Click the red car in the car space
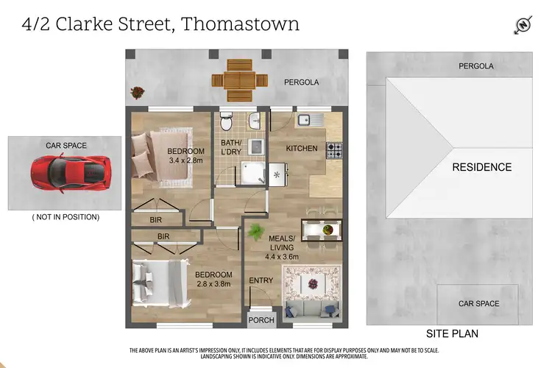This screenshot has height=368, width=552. click(66, 174)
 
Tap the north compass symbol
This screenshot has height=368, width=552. click(522, 25)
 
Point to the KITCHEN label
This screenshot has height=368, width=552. click(302, 149)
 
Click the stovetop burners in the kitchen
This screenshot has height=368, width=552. click(334, 150)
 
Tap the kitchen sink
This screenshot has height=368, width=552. click(308, 119)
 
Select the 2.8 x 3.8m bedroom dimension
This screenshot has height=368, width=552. click(214, 283)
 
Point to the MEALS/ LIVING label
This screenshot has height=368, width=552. click(281, 243)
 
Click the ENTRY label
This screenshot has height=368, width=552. click(261, 280)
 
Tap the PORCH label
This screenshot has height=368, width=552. click(262, 320)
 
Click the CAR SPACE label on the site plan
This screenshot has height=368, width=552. click(478, 303)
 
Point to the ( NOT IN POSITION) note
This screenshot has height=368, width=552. click(66, 217)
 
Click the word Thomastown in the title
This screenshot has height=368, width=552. click(240, 24)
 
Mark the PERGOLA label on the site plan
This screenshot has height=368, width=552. click(475, 66)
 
